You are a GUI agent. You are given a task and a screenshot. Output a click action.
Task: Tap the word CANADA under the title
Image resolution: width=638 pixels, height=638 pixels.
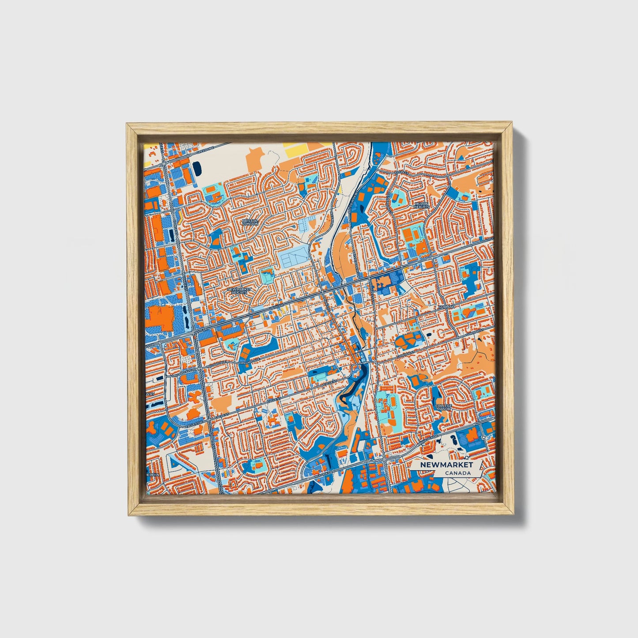pos(457,473)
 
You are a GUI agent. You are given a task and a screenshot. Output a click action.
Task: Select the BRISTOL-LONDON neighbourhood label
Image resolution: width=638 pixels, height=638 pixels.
pos(250,222)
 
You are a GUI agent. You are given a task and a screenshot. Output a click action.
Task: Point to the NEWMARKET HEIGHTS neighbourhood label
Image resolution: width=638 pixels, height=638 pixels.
pos(239,291)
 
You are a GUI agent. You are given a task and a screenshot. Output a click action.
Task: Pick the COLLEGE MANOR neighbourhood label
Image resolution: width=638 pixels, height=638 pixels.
pos(443,407)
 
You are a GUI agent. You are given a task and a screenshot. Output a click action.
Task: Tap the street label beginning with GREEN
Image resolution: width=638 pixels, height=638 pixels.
pos(205,151)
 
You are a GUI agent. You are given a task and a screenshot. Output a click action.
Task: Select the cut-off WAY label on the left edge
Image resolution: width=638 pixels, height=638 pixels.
pos(150,393)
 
